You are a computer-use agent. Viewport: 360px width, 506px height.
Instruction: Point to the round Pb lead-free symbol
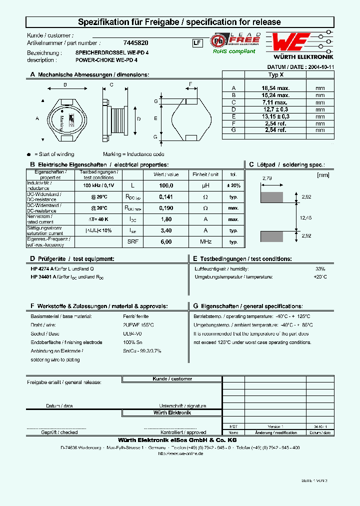point(217,40)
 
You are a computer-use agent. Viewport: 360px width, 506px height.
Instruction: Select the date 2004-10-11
point(320,66)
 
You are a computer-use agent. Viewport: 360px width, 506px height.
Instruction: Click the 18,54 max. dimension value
point(275,87)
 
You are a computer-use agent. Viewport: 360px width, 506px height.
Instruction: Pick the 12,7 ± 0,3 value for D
point(275,108)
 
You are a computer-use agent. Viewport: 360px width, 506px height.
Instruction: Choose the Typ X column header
point(276,74)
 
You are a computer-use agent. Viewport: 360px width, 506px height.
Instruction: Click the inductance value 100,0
point(166,185)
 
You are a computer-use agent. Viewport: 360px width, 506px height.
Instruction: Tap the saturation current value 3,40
point(166,230)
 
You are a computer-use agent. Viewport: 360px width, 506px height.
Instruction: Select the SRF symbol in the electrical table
point(132,241)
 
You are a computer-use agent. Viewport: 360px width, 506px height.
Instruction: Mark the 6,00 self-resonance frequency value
point(166,241)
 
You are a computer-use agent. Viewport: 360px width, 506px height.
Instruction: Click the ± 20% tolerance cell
point(233,185)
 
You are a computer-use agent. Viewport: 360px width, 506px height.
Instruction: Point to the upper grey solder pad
point(272,197)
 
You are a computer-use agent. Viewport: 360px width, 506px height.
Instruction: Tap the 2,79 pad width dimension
point(267,178)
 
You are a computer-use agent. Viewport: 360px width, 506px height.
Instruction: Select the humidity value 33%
point(320,269)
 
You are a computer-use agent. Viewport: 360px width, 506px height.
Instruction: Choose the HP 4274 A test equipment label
point(40,269)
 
